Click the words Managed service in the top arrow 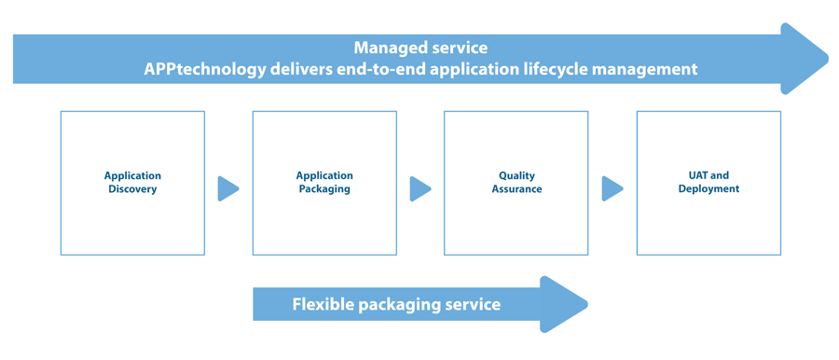click(419, 48)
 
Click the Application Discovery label click(132, 182)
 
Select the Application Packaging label click(324, 182)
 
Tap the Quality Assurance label click(516, 182)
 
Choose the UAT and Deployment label click(708, 182)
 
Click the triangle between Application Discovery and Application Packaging click(227, 188)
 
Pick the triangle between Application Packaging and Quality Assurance click(419, 188)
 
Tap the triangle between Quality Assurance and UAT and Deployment click(612, 188)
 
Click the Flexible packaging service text click(396, 305)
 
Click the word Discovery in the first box click(132, 189)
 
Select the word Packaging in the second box click(324, 189)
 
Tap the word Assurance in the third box click(516, 189)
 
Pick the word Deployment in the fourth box click(708, 189)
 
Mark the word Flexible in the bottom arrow click(323, 305)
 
